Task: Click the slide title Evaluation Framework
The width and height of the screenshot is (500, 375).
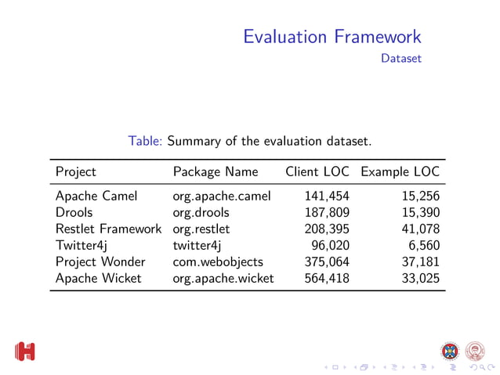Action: pos(332,36)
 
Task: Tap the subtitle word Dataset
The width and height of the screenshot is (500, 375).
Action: pos(400,59)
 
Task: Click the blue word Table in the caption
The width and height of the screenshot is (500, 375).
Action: pos(145,142)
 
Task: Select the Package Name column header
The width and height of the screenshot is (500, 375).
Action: pos(215,171)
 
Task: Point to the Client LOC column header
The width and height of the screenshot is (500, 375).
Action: pos(317,171)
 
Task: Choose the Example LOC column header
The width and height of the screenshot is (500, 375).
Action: pos(400,171)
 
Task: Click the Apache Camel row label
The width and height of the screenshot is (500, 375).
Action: pos(96,196)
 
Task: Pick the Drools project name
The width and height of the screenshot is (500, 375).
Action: pos(74,212)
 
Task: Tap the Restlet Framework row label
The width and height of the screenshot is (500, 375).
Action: pos(108,229)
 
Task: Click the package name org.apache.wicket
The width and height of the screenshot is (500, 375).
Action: pos(223,278)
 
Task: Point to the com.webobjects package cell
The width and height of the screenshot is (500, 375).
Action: pos(218,261)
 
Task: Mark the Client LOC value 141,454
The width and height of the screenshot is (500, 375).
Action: pos(327,196)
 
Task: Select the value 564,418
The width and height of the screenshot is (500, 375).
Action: pos(327,278)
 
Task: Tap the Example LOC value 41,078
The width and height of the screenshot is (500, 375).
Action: pos(419,229)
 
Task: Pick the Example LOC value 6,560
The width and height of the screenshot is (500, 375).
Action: pos(423,245)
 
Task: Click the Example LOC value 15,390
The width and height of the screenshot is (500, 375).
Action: pos(419,212)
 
